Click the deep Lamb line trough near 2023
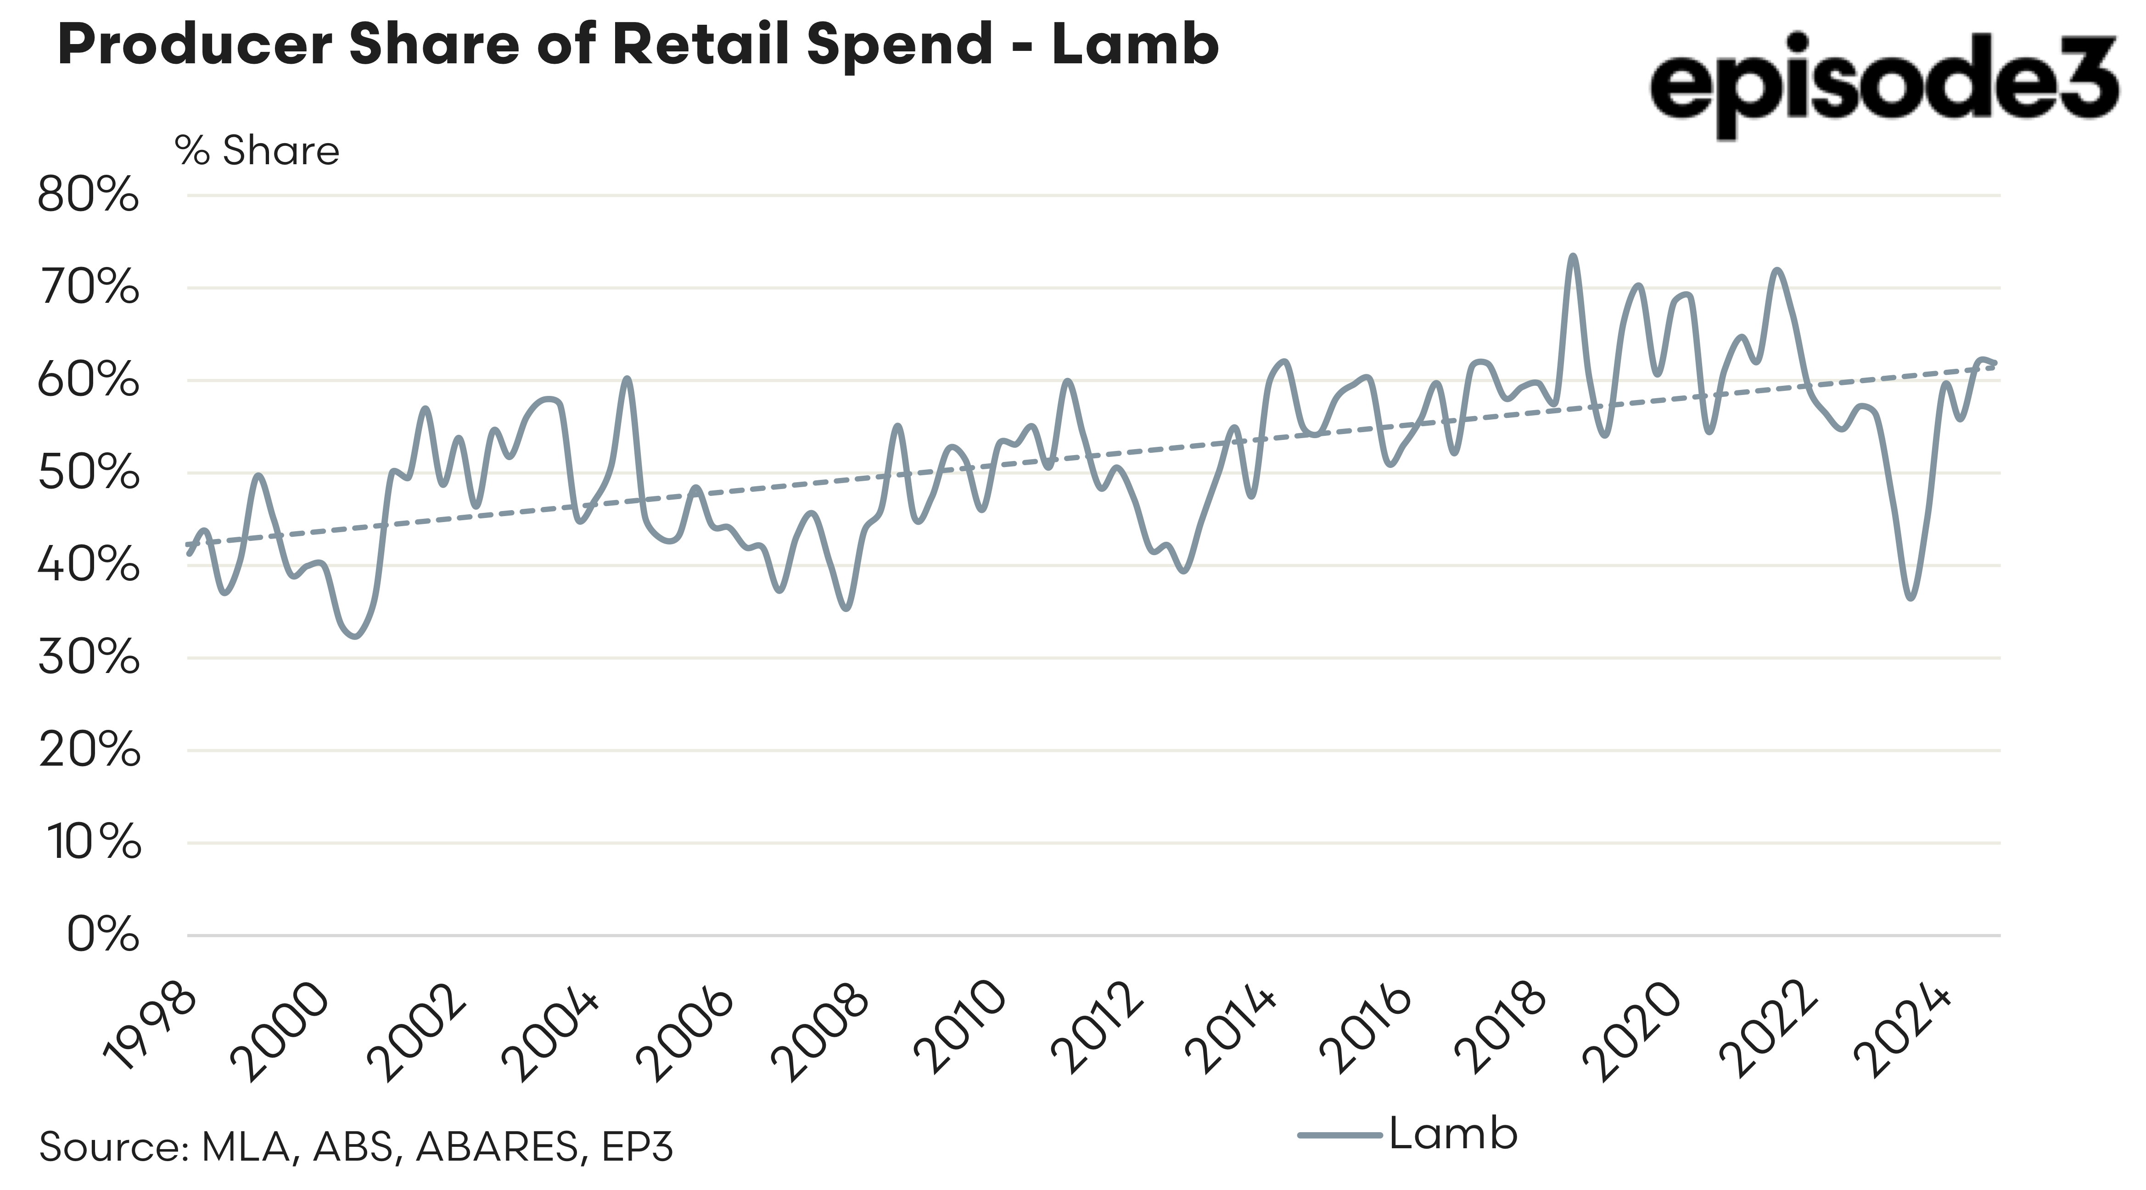[x=1910, y=598]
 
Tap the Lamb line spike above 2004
[x=628, y=379]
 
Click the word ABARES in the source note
[x=497, y=1147]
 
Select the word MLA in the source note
[x=246, y=1147]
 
